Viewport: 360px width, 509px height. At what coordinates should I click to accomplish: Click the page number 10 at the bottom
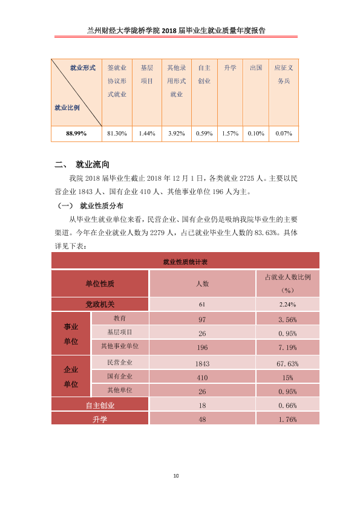click(x=176, y=476)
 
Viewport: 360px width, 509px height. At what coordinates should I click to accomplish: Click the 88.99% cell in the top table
click(x=76, y=134)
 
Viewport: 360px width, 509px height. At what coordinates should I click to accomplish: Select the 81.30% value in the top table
click(x=117, y=134)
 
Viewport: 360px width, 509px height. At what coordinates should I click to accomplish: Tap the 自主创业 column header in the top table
click(x=205, y=74)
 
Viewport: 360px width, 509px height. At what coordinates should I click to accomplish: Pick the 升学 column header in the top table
click(x=230, y=68)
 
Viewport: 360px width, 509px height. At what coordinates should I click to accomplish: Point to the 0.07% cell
click(x=284, y=134)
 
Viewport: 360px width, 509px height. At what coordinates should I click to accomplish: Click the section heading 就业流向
click(x=93, y=164)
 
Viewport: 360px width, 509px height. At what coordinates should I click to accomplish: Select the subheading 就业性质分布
click(x=102, y=206)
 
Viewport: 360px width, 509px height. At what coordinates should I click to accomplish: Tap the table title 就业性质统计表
click(x=185, y=262)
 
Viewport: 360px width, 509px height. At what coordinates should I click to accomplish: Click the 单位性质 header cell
click(x=100, y=284)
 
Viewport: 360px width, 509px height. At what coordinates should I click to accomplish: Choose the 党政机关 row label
click(x=100, y=304)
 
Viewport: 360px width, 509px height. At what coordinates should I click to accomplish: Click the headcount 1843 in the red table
click(x=202, y=363)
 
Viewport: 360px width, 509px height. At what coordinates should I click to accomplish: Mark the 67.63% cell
click(x=287, y=363)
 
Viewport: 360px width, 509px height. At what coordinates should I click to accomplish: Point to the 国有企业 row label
click(x=120, y=376)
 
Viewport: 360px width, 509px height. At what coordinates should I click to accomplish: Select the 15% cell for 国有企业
click(x=287, y=378)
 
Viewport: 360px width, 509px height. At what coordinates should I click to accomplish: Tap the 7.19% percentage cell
click(x=287, y=348)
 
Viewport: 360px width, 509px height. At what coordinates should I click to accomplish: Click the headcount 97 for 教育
click(x=202, y=319)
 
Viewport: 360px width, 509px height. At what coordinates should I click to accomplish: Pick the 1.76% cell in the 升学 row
click(x=287, y=420)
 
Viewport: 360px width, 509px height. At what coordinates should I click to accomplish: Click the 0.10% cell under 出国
click(x=256, y=134)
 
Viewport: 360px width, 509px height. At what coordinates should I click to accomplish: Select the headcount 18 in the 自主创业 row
click(x=202, y=406)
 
